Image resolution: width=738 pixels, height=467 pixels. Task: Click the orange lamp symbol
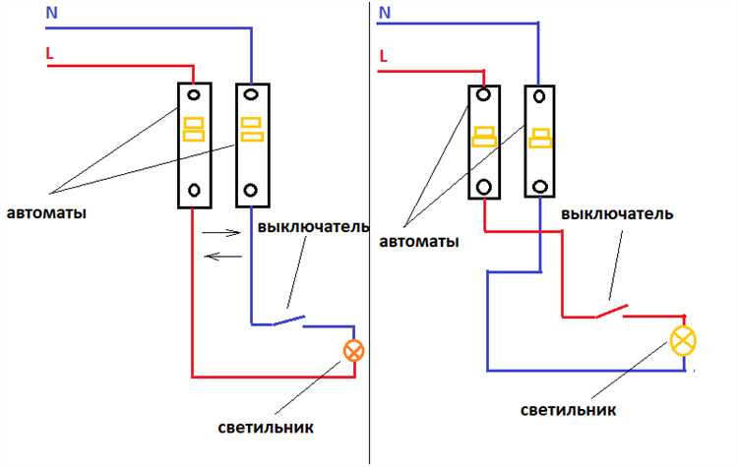352,350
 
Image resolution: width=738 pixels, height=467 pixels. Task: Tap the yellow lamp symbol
682,340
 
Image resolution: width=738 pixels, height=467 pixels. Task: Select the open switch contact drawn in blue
287,320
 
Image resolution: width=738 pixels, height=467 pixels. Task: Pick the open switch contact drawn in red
611,312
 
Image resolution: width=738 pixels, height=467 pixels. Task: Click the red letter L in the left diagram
49,55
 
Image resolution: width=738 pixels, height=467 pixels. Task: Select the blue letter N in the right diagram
385,13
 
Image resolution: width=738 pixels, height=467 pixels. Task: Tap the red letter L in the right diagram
384,57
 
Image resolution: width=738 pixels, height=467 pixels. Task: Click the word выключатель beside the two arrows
313,227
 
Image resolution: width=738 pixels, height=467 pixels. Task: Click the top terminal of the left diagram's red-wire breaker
195,96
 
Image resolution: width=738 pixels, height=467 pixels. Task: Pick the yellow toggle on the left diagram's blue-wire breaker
252,130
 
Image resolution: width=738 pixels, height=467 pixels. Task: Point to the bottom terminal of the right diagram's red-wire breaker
483,186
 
